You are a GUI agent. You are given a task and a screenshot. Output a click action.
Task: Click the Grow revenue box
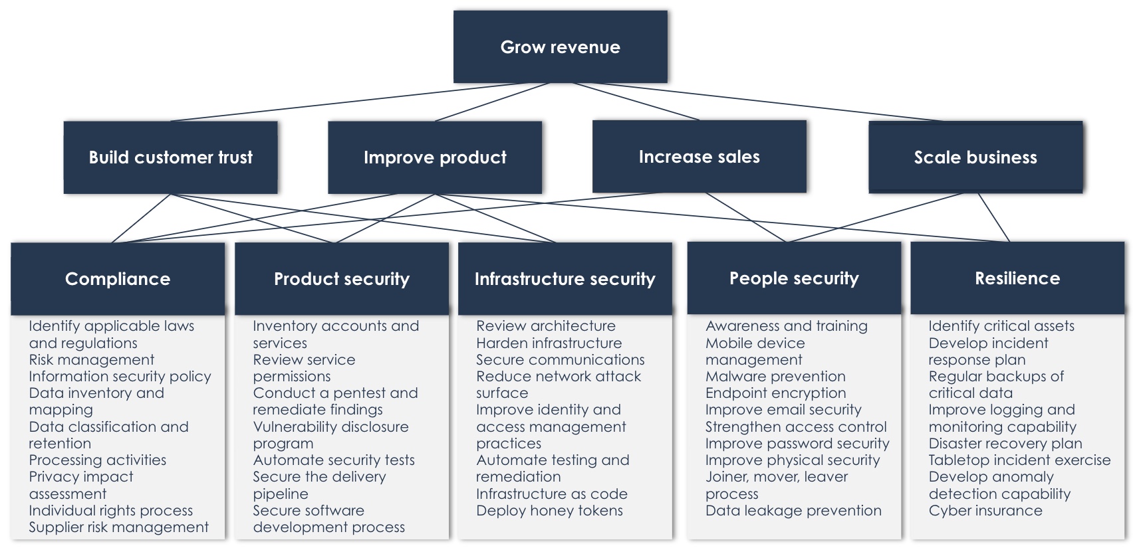(560, 46)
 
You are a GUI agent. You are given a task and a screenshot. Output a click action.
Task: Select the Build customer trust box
(170, 157)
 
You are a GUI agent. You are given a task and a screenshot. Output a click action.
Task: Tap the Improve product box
(435, 157)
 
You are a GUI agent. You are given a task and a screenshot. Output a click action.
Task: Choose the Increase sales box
(699, 157)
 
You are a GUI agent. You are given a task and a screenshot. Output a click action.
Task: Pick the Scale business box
(975, 157)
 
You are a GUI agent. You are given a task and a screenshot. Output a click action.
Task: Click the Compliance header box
(118, 278)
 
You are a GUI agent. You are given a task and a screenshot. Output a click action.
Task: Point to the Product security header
(342, 278)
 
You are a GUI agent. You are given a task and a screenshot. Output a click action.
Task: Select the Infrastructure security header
(565, 278)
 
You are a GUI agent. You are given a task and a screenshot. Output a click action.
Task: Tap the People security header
(794, 278)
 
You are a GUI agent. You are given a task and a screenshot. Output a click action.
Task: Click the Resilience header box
(1017, 278)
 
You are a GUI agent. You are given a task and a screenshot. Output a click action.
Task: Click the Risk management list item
(92, 360)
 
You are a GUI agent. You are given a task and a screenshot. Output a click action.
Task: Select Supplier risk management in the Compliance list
(118, 527)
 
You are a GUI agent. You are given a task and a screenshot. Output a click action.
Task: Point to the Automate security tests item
(334, 460)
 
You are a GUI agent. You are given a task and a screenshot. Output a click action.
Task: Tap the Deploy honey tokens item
(549, 511)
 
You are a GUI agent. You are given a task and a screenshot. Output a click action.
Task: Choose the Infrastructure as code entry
(552, 494)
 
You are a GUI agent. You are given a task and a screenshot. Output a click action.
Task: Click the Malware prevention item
(775, 377)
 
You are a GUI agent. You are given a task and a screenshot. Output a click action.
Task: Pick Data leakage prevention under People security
(793, 511)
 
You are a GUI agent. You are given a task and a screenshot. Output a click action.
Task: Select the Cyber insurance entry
(985, 511)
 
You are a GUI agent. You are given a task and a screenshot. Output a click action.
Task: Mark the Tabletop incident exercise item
(1019, 460)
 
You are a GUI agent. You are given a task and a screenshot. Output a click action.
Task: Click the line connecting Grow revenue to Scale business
(771, 102)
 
